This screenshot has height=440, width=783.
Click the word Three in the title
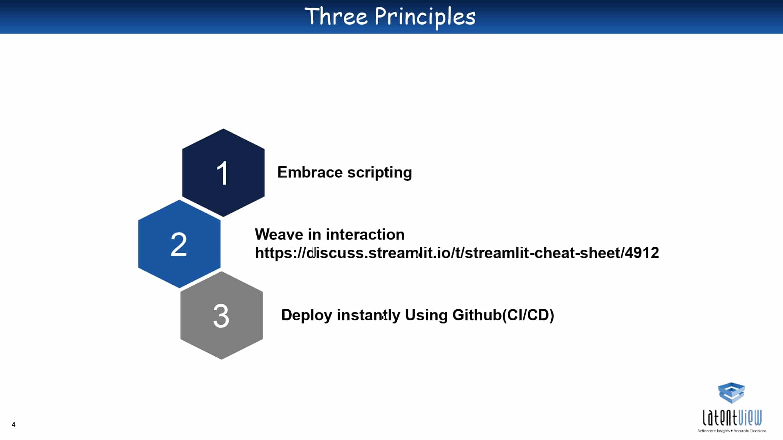(336, 16)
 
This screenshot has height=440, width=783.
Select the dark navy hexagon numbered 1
(223, 172)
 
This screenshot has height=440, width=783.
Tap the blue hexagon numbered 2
(179, 244)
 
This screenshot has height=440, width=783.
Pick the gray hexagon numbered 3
(222, 315)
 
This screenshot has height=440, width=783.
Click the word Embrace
(310, 172)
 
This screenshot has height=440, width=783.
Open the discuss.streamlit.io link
(457, 253)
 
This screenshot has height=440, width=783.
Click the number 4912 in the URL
(642, 253)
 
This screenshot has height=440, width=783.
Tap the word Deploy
(307, 315)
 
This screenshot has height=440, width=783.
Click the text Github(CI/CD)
(503, 315)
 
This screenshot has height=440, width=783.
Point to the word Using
(426, 315)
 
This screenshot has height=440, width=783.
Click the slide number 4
(14, 424)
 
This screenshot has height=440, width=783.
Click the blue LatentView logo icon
(731, 393)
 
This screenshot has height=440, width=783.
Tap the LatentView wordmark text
(732, 417)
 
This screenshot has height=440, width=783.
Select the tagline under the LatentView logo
(732, 431)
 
